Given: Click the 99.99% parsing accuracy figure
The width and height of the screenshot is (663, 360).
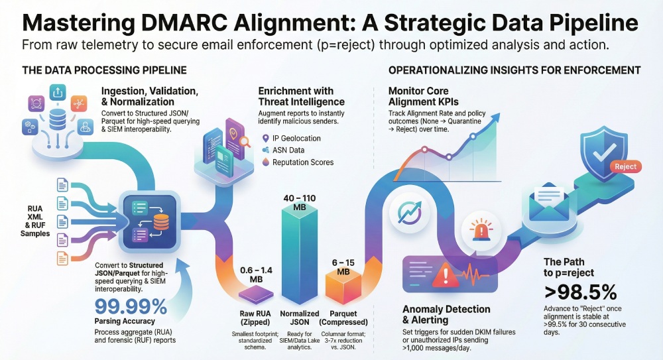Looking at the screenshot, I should tap(131, 307).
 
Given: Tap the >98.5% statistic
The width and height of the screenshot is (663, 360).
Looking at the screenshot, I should tap(580, 292).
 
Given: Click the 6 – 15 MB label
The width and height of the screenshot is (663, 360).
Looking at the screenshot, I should tap(343, 267).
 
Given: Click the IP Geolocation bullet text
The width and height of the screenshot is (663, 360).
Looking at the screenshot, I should tap(296, 139).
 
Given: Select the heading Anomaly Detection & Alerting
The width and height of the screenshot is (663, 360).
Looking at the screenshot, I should tap(446, 314).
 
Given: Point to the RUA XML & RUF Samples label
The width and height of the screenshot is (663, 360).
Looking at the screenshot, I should tap(34, 220).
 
